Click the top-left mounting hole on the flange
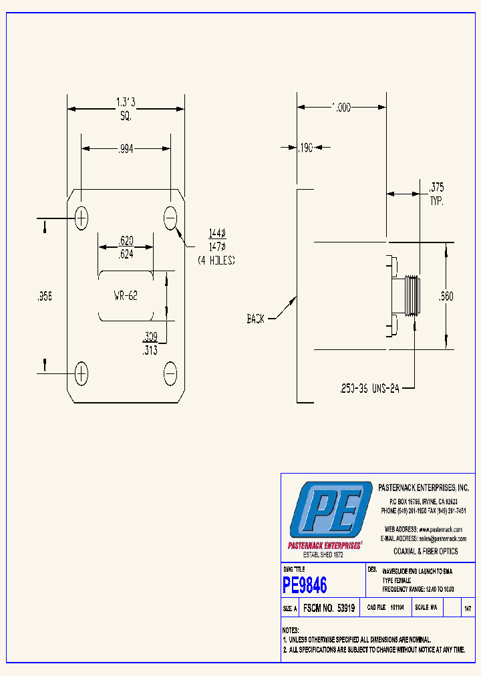click(82, 218)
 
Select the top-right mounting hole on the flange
click(170, 218)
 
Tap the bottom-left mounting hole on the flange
click(82, 373)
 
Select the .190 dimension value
click(305, 148)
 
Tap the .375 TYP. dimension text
click(436, 194)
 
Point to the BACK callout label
click(255, 319)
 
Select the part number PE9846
click(305, 586)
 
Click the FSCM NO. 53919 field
click(329, 609)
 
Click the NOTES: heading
click(290, 630)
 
